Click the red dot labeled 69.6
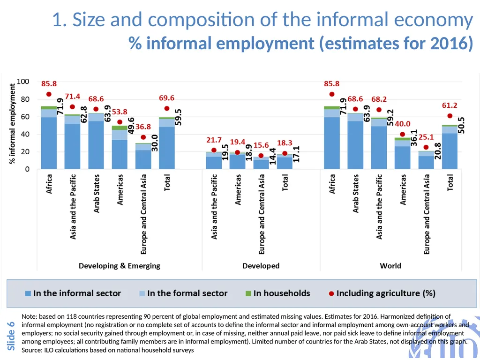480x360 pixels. (x=167, y=108)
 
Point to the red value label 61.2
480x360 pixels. (x=450, y=105)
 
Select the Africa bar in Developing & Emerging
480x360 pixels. (x=49, y=138)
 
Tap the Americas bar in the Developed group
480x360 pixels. (x=238, y=161)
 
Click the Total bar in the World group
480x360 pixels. (x=450, y=147)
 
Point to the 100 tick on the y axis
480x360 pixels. (x=23, y=82)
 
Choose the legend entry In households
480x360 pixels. (x=278, y=293)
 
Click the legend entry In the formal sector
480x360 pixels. (x=183, y=293)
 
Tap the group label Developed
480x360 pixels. (x=261, y=266)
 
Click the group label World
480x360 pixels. (x=390, y=266)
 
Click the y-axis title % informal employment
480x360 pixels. (x=12, y=124)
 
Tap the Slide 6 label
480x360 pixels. (x=11, y=336)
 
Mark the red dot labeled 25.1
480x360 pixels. (x=426, y=147)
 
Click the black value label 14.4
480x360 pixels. (x=272, y=157)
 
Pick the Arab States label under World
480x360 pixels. (x=355, y=194)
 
